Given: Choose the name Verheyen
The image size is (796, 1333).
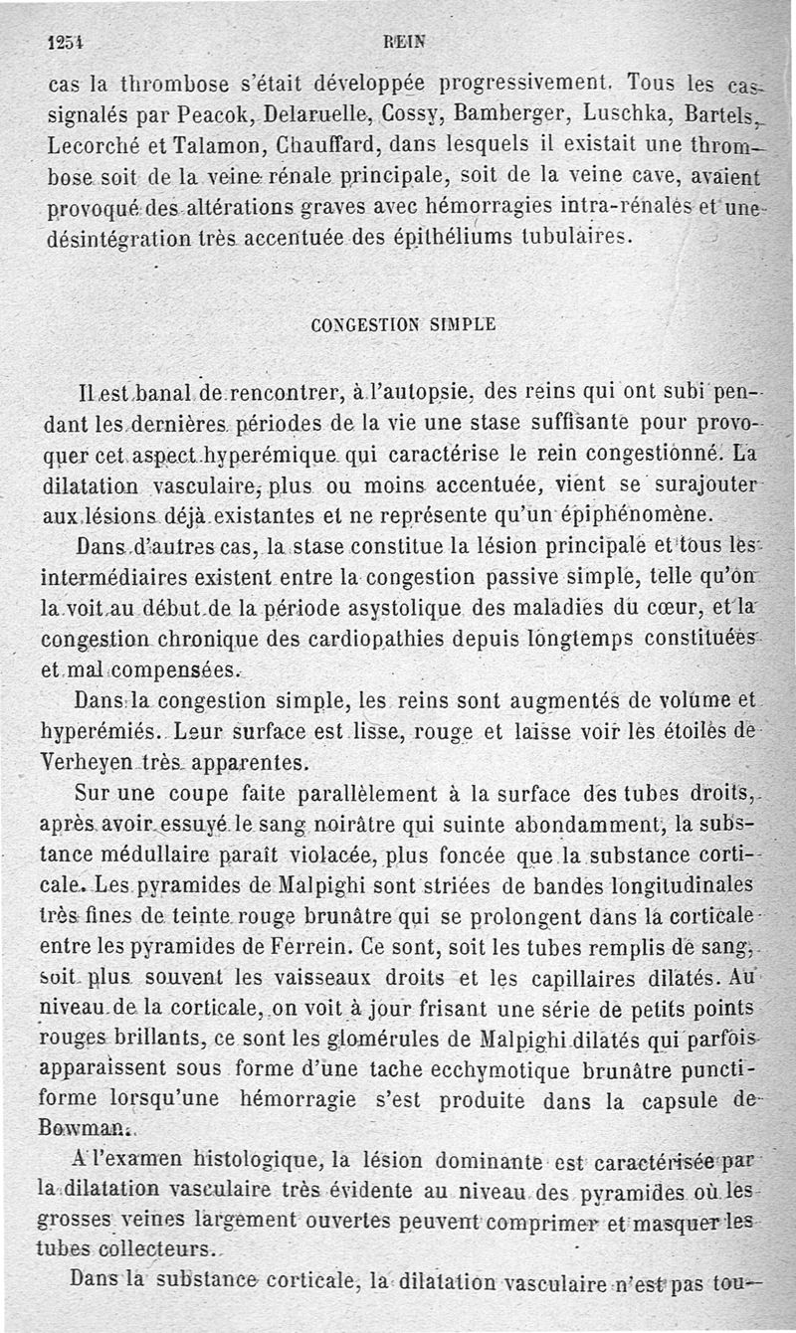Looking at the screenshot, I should pyautogui.click(x=93, y=764).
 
